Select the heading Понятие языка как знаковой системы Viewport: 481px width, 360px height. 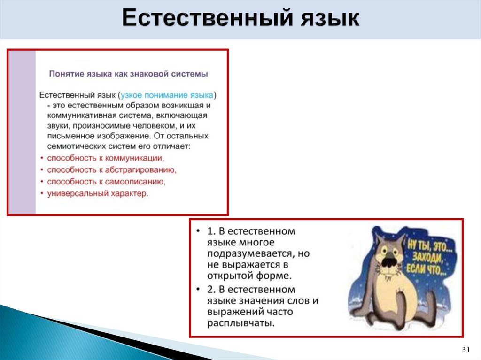point(129,74)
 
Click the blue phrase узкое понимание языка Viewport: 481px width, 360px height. point(166,95)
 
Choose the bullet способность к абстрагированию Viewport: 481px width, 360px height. point(112,169)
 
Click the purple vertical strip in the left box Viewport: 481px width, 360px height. point(22,131)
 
